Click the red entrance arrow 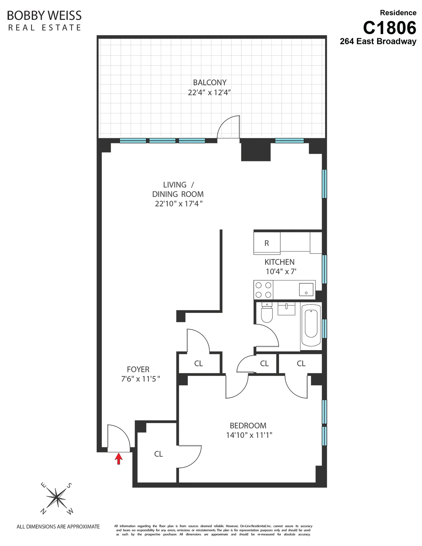118,459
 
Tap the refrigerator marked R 267,243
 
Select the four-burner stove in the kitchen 264,290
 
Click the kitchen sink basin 306,289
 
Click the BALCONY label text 210,83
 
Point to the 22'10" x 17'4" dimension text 179,204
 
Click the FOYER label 138,369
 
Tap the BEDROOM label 248,426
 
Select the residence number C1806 389,28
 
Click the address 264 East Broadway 378,42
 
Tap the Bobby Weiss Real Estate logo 44,20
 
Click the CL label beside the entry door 158,454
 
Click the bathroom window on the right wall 324,329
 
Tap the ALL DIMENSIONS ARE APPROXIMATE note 58,527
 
